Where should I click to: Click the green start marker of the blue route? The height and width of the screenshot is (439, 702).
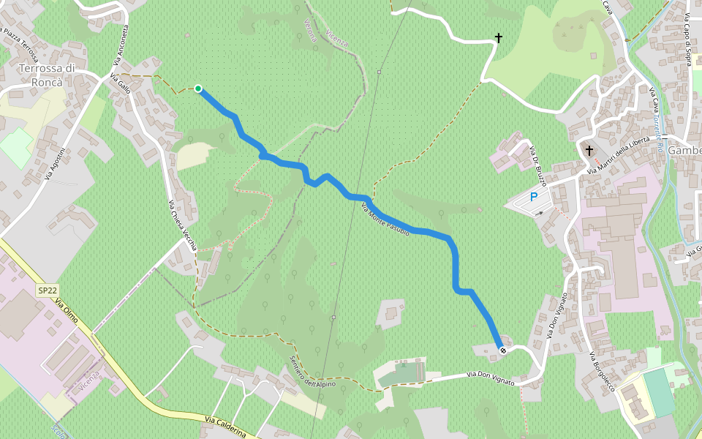pyautogui.click(x=198, y=89)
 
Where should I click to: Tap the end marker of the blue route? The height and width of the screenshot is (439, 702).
pyautogui.click(x=502, y=350)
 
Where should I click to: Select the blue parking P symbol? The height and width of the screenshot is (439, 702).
pyautogui.click(x=533, y=197)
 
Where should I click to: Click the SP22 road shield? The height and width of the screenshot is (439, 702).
pyautogui.click(x=47, y=290)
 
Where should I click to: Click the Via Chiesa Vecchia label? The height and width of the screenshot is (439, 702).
pyautogui.click(x=182, y=226)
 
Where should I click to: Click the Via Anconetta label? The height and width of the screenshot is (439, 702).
pyautogui.click(x=120, y=47)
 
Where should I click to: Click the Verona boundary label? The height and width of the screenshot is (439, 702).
pyautogui.click(x=310, y=30)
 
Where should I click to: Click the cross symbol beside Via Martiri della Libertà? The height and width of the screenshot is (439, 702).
pyautogui.click(x=589, y=150)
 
